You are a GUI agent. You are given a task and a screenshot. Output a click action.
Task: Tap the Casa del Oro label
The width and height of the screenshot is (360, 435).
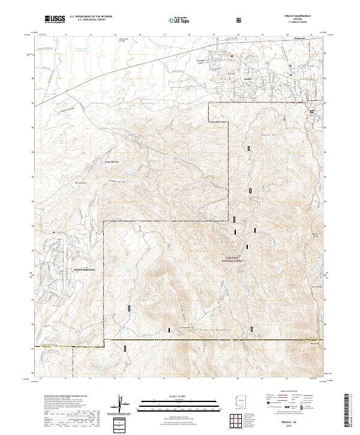113,162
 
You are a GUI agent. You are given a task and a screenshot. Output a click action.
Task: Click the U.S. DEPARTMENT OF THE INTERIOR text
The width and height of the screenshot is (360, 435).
90,18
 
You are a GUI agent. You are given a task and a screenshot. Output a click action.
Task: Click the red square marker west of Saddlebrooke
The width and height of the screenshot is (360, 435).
54,230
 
